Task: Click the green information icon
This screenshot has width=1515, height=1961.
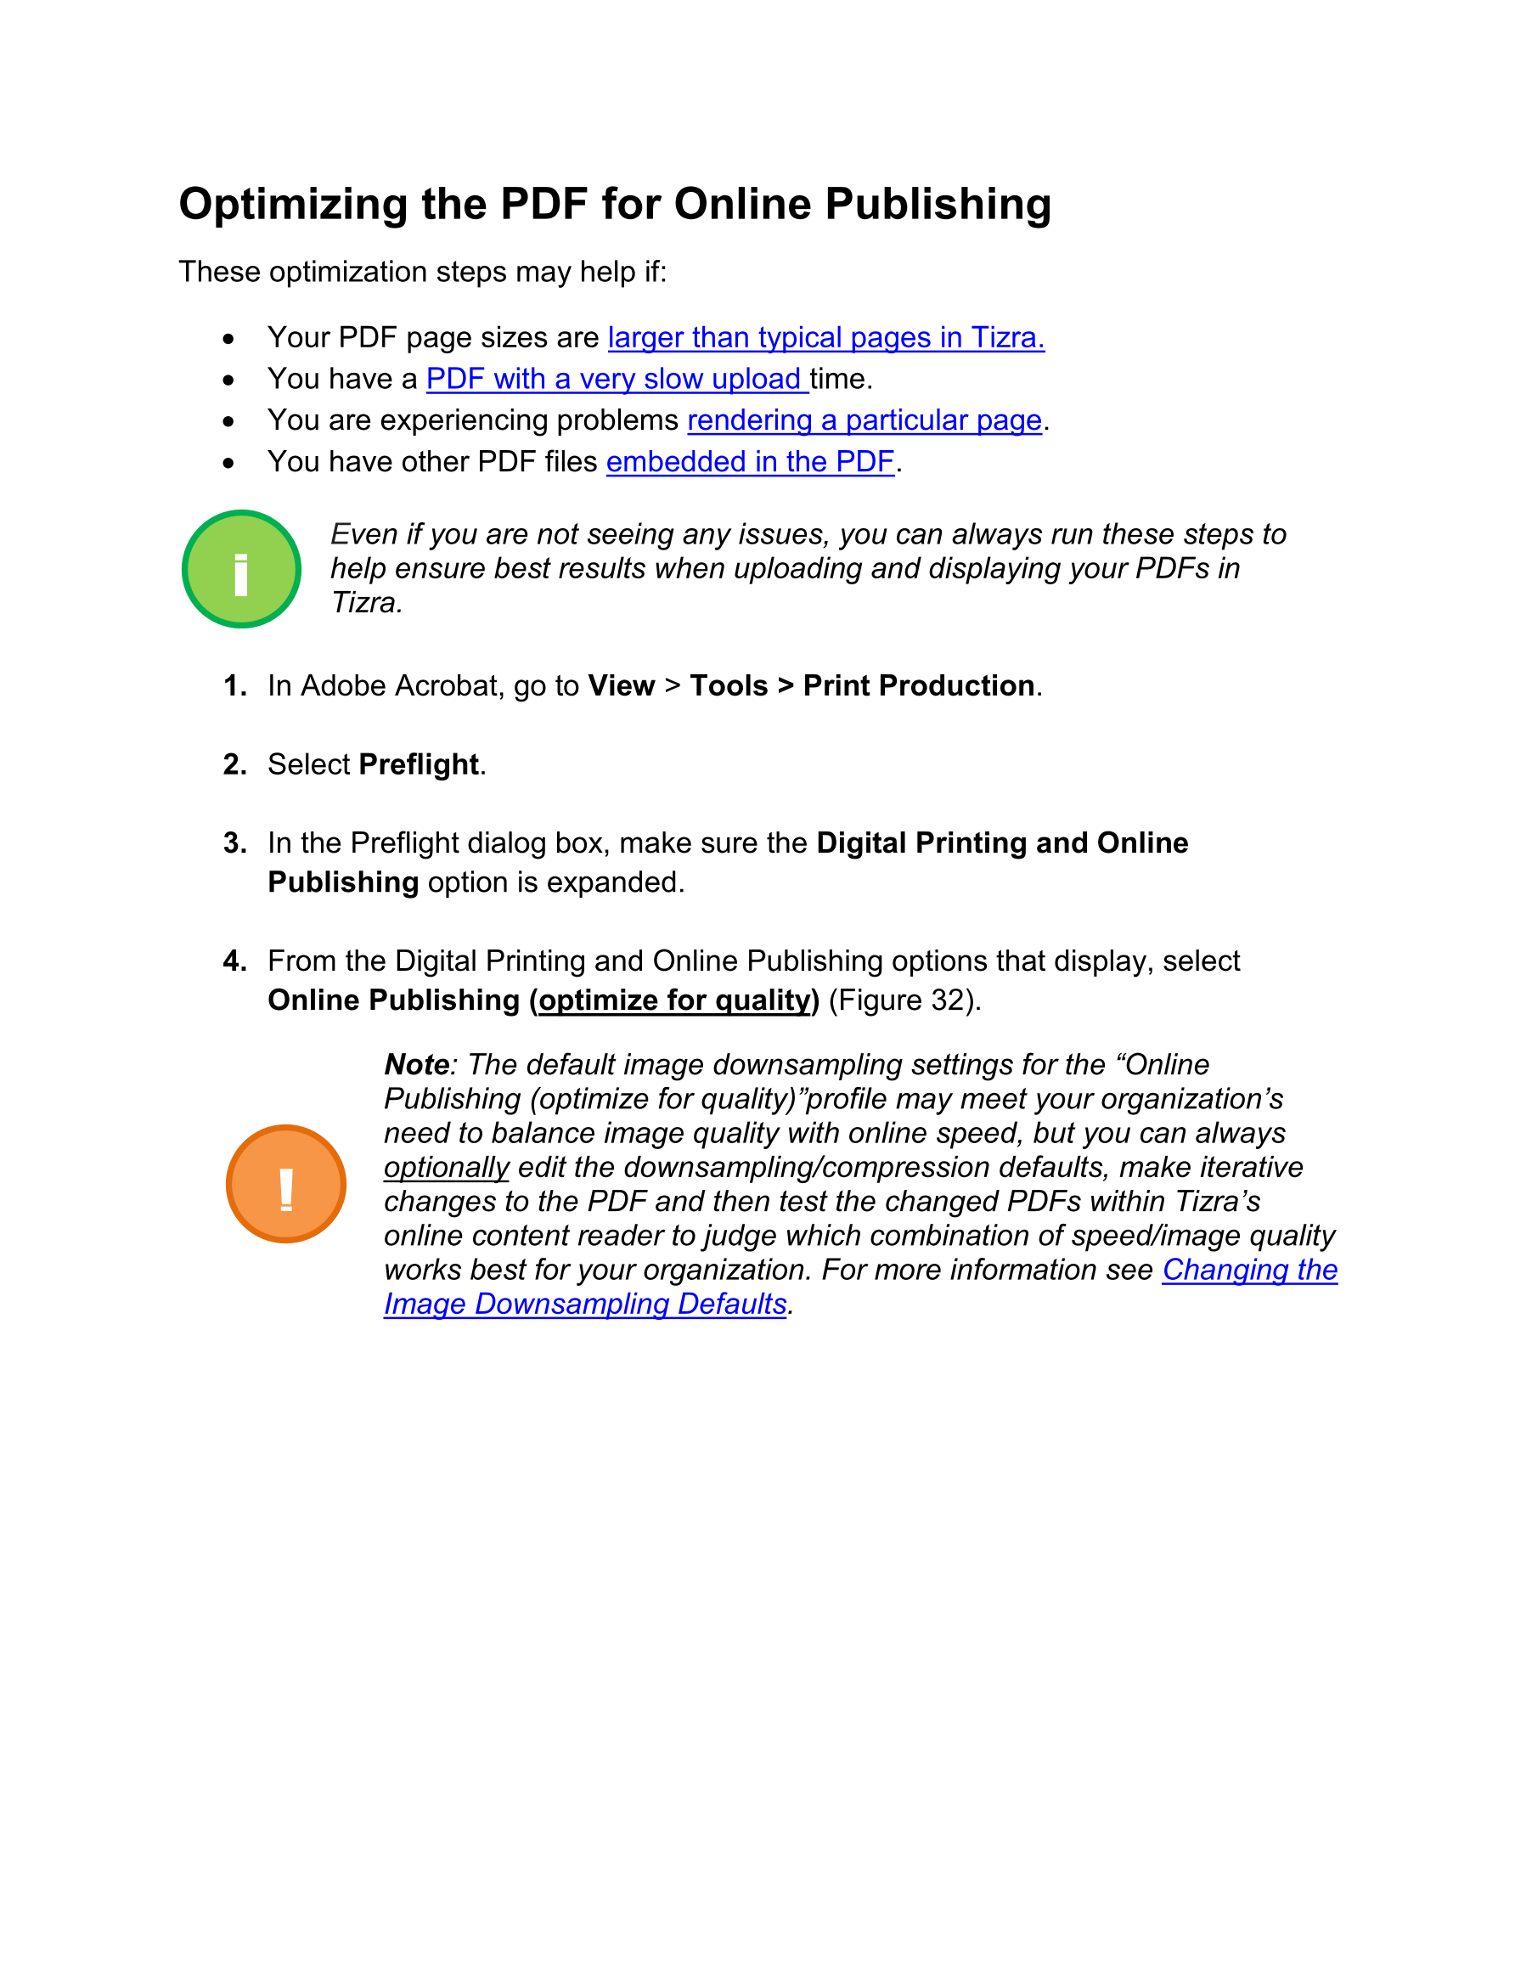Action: pyautogui.click(x=240, y=569)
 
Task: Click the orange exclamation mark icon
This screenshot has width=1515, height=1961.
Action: pyautogui.click(x=285, y=1183)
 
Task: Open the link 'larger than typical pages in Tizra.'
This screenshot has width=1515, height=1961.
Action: pyautogui.click(x=825, y=338)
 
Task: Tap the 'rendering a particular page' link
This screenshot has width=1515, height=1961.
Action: pyautogui.click(x=864, y=420)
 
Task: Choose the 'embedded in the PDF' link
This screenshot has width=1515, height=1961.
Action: pyautogui.click(x=750, y=461)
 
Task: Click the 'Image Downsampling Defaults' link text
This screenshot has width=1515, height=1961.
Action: pyautogui.click(x=584, y=1304)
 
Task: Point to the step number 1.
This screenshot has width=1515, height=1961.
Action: pyautogui.click(x=234, y=686)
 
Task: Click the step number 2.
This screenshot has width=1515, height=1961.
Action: pyautogui.click(x=234, y=764)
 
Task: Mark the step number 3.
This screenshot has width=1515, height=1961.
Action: pyautogui.click(x=234, y=843)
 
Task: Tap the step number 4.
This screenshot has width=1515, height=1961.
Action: pyautogui.click(x=234, y=961)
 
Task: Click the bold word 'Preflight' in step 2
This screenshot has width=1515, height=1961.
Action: pyautogui.click(x=419, y=764)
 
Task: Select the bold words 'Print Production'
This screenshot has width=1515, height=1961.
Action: pyautogui.click(x=918, y=686)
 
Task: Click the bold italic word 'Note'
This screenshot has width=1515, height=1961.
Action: pyautogui.click(x=417, y=1065)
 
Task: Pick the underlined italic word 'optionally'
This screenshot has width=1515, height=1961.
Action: pyautogui.click(x=447, y=1167)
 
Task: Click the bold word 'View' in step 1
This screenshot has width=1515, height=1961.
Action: pyautogui.click(x=621, y=686)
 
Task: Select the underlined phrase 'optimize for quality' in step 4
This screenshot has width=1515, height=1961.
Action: pyautogui.click(x=673, y=1000)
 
